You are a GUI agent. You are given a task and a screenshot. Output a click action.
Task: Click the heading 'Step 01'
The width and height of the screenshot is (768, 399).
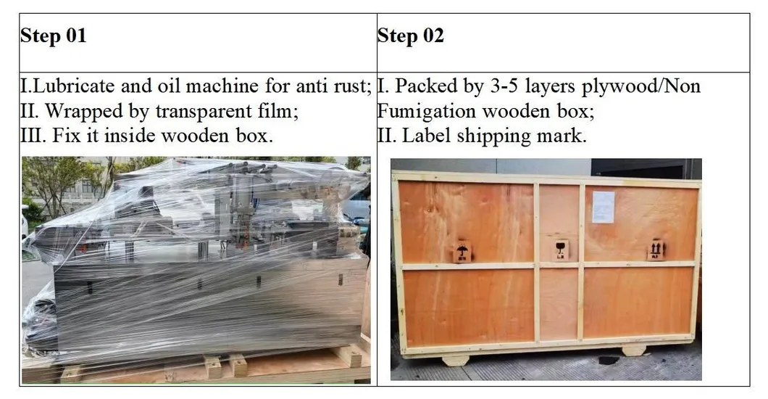click(x=53, y=36)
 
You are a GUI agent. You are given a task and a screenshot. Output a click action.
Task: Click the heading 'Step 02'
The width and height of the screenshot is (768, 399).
click(x=410, y=36)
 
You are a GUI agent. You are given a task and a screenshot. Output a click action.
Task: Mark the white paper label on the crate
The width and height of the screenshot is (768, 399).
click(x=603, y=206)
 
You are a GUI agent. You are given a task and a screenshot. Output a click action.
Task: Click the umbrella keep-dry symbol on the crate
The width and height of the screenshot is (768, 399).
click(x=461, y=252)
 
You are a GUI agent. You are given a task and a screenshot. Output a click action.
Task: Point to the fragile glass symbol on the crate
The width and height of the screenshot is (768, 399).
click(x=561, y=250)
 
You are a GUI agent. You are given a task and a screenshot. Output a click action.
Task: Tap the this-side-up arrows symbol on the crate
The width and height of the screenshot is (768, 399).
click(x=656, y=249)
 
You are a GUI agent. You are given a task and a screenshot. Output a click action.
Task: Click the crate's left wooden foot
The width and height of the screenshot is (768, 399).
click(x=455, y=358)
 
